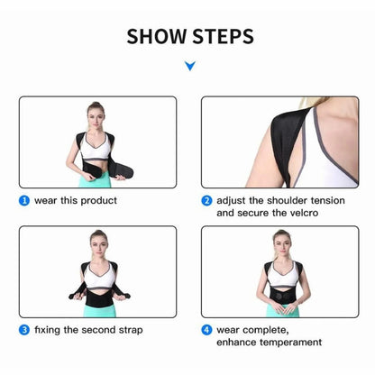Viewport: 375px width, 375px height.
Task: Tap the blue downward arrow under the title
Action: (188, 66)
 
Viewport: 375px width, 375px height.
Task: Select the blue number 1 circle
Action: (24, 200)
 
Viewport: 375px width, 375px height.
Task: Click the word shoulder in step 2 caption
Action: (282, 200)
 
